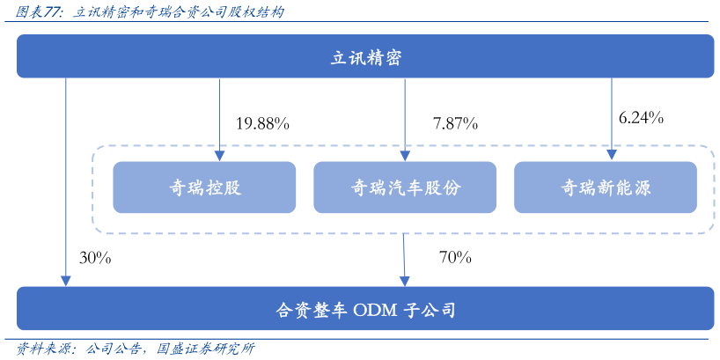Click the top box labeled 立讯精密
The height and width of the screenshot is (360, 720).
tap(365, 57)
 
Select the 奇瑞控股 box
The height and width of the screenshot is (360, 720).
tap(204, 187)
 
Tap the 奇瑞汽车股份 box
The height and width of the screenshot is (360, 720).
tap(405, 187)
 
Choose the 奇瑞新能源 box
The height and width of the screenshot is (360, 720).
tap(606, 187)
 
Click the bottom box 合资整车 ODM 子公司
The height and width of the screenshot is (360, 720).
tap(365, 309)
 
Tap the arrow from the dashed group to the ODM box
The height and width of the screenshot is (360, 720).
tap(404, 260)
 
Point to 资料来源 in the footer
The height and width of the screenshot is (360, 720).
tap(41, 349)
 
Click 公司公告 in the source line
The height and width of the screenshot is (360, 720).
tap(114, 349)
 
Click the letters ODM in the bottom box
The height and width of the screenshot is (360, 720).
tap(376, 310)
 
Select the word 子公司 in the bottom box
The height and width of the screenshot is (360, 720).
tap(430, 310)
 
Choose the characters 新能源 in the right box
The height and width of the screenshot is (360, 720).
tap(624, 187)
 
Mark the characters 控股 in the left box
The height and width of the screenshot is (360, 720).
tap(224, 187)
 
